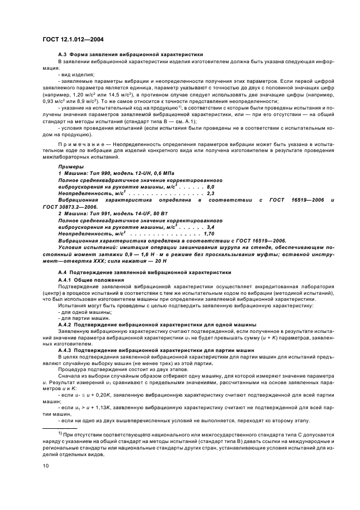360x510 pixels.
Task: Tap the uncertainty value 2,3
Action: [211, 194]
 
